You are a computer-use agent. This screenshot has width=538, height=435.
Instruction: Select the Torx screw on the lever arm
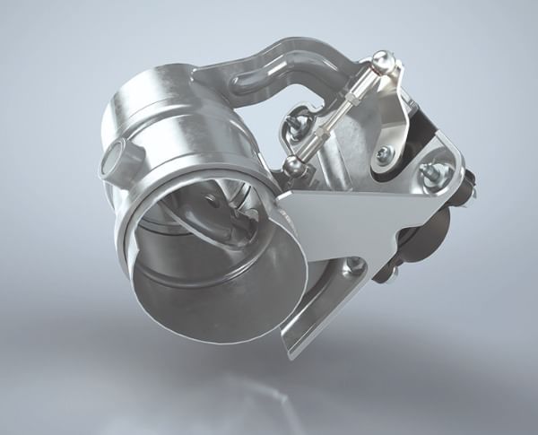385,153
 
